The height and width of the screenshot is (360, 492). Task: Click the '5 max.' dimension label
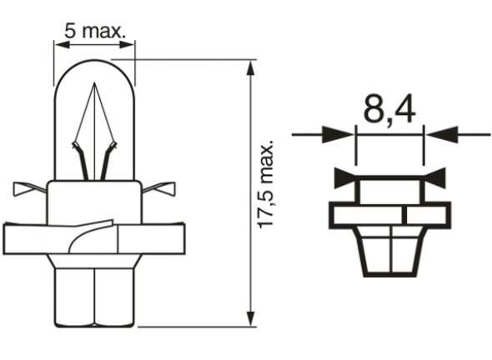[93, 32]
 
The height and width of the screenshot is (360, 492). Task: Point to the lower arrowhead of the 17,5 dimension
[251, 315]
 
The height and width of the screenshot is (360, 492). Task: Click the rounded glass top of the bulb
[93, 70]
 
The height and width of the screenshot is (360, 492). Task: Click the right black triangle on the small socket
[437, 177]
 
